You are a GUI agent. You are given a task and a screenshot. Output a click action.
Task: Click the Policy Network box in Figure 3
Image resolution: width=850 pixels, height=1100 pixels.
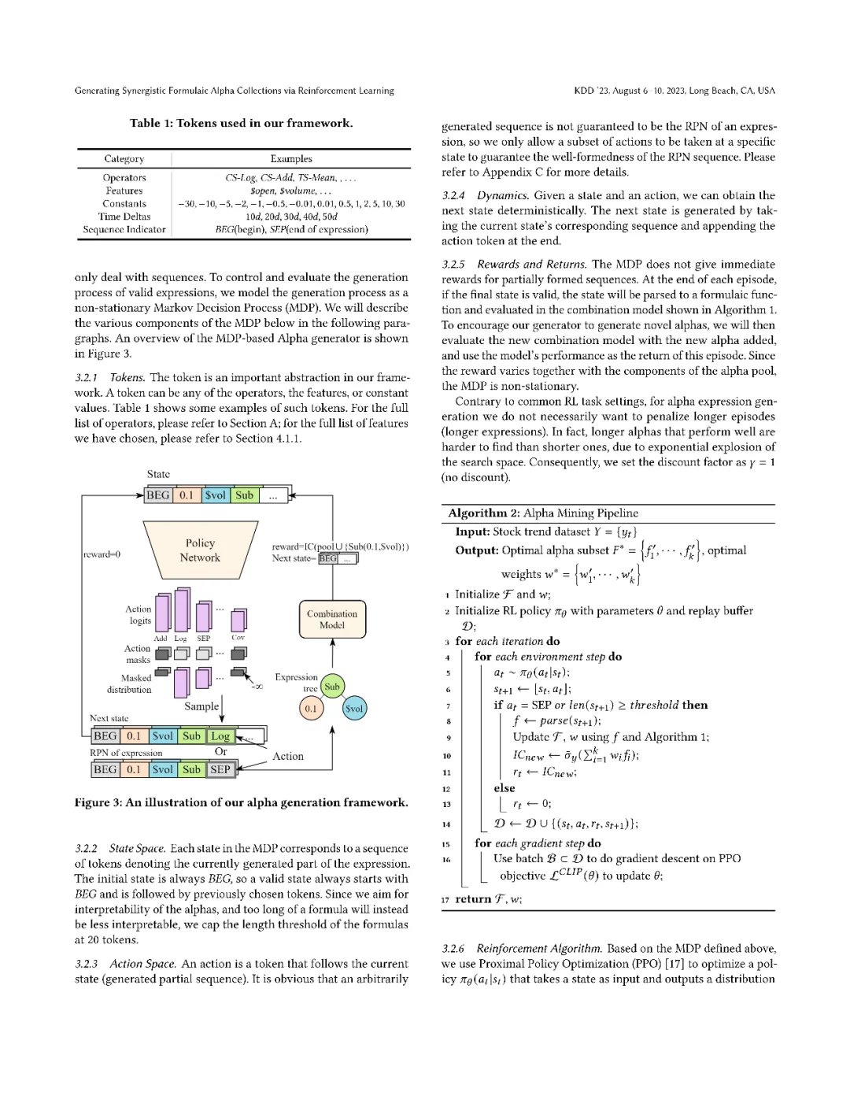point(200,550)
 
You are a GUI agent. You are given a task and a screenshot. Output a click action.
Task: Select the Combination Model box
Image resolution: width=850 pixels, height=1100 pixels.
point(332,620)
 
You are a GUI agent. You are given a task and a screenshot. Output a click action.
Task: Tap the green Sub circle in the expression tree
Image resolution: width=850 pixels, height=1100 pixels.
point(332,687)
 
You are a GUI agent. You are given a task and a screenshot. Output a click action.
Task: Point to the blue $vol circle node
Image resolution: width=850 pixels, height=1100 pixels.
point(354,709)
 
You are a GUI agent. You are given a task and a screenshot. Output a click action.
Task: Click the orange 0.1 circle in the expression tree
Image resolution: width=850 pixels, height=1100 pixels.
point(311,709)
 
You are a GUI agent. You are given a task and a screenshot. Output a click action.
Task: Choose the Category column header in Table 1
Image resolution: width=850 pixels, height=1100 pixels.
point(124,159)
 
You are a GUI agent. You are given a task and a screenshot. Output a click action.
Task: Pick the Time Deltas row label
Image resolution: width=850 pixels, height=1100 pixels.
point(124,217)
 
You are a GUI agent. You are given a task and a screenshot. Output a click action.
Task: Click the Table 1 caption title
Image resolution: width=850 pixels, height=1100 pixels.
point(241,123)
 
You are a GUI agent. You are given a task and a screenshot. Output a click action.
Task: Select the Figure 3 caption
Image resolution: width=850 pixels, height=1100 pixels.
point(241,802)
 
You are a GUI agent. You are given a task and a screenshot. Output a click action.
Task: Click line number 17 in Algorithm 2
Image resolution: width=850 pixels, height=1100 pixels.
point(445,899)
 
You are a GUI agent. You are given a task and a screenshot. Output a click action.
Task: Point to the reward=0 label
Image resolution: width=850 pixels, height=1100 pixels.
point(102,554)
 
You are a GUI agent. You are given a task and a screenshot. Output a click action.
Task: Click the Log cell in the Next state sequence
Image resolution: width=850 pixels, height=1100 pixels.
point(220,736)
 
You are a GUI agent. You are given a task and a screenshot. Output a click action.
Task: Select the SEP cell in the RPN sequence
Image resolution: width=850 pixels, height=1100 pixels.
point(220,769)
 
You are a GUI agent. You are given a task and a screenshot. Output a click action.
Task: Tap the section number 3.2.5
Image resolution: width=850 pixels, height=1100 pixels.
point(453,265)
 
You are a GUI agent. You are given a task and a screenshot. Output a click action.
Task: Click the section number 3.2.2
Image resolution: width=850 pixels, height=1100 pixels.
point(86,849)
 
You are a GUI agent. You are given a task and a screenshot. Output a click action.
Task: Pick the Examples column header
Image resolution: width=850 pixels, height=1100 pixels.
point(291,159)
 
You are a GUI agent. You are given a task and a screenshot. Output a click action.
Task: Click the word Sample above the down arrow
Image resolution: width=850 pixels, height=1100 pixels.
point(201,706)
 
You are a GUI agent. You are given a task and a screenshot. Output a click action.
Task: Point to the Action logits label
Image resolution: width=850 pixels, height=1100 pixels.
point(139,615)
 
